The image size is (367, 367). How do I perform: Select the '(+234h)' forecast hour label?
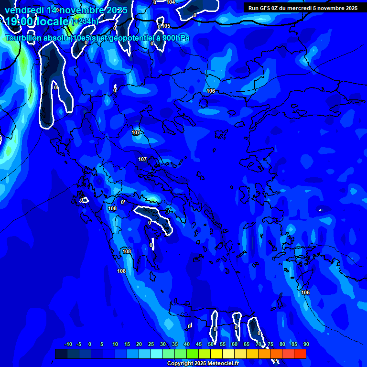coord(86,22)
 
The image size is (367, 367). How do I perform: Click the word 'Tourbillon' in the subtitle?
coord(25,38)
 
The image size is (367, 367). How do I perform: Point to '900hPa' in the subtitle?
coord(174,38)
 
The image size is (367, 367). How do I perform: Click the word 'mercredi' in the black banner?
coord(298,8)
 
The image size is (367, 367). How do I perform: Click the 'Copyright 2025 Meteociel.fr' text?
coord(203,364)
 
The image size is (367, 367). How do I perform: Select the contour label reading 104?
coord(171,2)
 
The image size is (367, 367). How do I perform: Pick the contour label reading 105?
coord(166,26)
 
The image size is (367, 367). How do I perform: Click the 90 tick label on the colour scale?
coord(306,344)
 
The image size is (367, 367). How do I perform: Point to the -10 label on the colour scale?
coord(68,344)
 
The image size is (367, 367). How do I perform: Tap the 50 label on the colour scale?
coord(211,344)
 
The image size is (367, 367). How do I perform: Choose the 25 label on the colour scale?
coord(151,344)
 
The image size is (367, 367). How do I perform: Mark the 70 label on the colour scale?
coord(259,344)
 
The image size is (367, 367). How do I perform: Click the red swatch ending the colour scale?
coord(300,354)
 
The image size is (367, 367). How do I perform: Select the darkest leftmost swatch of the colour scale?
coord(61,354)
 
